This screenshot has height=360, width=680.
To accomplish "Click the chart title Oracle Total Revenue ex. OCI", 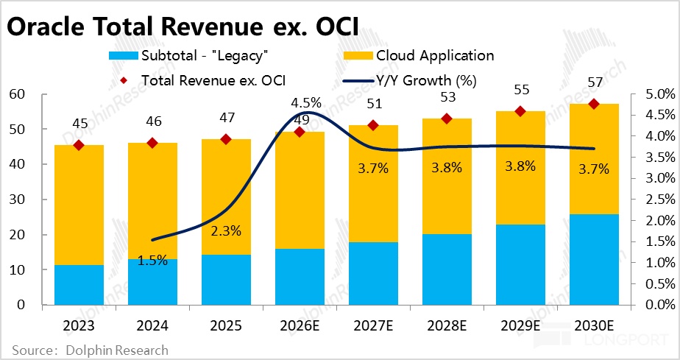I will tap(183, 27).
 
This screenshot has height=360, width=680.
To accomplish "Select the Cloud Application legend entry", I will tap(434, 55).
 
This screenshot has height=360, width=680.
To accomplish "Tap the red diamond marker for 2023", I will tap(79, 145).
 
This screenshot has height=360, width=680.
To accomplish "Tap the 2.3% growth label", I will tap(226, 230).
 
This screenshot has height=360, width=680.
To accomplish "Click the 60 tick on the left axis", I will tap(17, 94).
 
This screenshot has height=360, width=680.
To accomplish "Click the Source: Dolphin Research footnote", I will tap(90, 350).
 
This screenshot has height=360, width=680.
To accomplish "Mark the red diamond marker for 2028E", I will tap(447, 119).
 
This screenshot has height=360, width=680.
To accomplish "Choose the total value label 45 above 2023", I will tap(79, 123).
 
